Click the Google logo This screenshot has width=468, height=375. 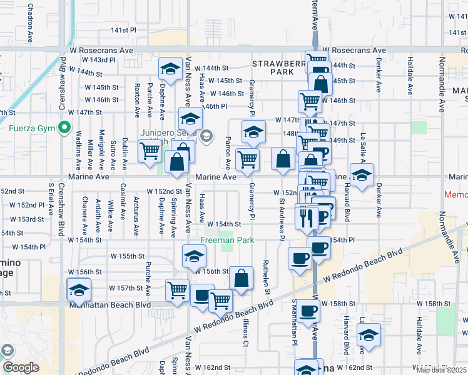[20, 367]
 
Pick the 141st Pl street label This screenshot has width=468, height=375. [123, 30]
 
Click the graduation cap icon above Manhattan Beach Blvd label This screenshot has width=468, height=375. [79, 289]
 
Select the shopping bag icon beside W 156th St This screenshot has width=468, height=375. [241, 277]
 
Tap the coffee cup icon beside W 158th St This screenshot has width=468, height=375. [307, 311]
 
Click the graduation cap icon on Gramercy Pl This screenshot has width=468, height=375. [253, 131]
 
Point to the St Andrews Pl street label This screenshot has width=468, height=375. [282, 220]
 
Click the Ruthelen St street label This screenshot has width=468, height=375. [267, 277]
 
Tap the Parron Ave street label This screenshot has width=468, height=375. [228, 152]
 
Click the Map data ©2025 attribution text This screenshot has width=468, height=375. [442, 370]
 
